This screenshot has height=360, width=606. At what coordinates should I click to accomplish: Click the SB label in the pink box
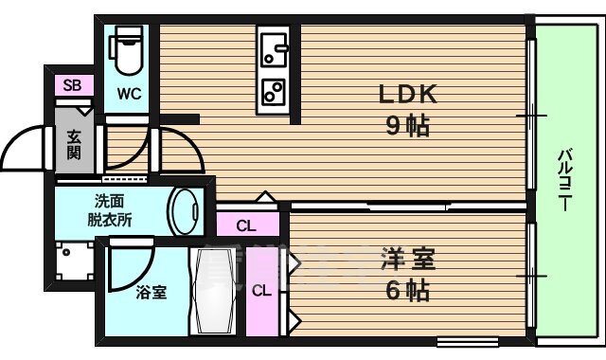point(72,85)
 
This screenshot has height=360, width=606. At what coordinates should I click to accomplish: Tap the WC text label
point(130,94)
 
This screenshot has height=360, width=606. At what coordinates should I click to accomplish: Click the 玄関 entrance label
point(74,146)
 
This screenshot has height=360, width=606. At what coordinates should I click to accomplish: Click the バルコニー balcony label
point(565,179)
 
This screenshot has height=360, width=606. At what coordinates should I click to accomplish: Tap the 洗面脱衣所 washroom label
point(111,209)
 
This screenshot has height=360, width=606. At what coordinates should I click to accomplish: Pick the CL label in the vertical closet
point(260,291)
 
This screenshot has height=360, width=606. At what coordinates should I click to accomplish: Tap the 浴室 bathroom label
point(152,293)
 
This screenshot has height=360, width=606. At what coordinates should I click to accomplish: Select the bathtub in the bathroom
point(218,291)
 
